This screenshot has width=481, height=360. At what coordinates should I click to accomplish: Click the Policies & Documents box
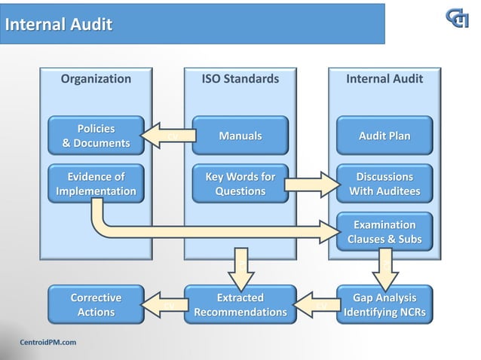[96, 136]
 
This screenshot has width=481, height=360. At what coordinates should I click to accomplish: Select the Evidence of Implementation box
[96, 184]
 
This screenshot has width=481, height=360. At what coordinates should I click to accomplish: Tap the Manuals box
[240, 136]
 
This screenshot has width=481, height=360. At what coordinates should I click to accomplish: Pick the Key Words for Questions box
[240, 184]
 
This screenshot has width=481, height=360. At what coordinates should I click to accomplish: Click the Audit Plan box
[384, 136]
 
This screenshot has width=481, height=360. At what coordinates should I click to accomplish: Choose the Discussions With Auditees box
[384, 184]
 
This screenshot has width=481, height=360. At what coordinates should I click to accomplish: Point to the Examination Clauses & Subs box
[384, 232]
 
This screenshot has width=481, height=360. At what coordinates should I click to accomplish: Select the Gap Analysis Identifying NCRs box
[384, 304]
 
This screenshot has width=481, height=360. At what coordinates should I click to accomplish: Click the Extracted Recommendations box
[240, 304]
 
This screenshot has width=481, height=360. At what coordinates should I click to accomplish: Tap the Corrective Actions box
[96, 304]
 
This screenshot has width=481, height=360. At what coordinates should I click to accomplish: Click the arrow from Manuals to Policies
[166, 136]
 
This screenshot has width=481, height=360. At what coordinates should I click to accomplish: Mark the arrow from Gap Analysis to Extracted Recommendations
[312, 304]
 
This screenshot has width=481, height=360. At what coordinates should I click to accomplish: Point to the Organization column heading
[96, 79]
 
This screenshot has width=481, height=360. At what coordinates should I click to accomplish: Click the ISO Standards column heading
[240, 79]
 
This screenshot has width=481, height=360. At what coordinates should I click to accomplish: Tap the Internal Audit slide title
[59, 25]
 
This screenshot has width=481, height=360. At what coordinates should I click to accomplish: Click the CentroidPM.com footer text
[47, 343]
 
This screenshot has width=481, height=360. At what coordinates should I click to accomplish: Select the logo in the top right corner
[456, 18]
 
